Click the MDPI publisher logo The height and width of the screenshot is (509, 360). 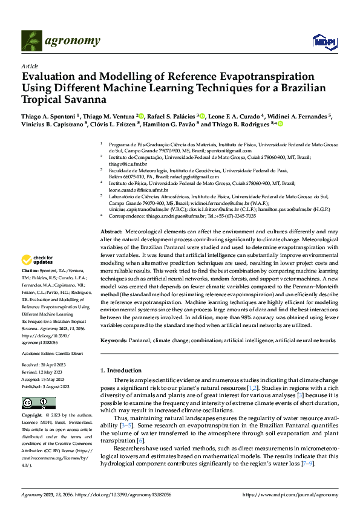pos(322,41)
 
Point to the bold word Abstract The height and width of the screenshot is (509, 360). pos(111,232)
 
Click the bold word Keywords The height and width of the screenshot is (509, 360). pos(114,340)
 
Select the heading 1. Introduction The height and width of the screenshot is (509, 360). pos(120,369)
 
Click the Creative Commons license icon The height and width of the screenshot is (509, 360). pos(34,403)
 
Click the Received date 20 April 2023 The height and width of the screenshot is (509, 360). pos(59,366)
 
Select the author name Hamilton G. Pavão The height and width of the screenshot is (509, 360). pos(169,125)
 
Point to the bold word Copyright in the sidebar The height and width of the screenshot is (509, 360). pos(31,415)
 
